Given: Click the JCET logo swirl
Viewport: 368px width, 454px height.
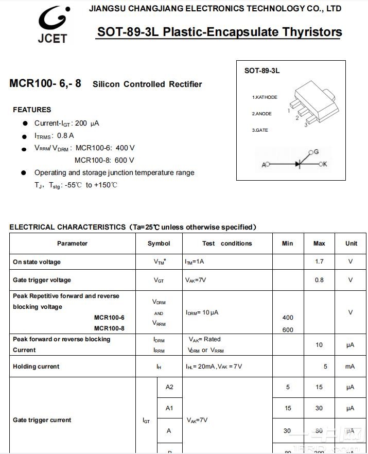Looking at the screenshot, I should pos(52,20).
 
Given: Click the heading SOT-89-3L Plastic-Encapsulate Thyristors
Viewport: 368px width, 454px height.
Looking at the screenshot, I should pos(219,32).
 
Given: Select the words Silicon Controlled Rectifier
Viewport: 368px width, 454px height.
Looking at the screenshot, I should pos(147,84).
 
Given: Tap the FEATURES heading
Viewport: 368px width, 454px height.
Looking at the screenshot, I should pos(32,110).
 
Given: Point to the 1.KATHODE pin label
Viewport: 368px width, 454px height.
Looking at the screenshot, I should pos(265,97).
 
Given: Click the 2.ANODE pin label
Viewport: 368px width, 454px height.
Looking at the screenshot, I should pos(262,114).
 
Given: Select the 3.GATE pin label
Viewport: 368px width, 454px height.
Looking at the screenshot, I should pos(260,130).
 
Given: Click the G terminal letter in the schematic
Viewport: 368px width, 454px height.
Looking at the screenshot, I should pos(316,152).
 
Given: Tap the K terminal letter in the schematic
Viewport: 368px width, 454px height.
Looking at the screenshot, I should pos(325,164).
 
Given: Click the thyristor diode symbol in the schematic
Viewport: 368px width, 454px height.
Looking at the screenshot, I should pos(298,164).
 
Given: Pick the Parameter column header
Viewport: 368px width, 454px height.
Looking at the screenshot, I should pos(72,243).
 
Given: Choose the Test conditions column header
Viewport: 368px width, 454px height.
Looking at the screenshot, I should pos(227,243).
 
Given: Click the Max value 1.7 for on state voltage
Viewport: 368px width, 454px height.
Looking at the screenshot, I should pos(319,261).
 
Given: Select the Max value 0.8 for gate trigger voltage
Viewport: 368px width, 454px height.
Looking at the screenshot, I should pos(319,280).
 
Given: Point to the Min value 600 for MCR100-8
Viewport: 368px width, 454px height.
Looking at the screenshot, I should pos(288,330).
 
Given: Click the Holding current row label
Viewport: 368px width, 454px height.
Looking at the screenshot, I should pos(36,366).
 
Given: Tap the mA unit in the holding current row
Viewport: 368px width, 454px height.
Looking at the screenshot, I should pos(350,366).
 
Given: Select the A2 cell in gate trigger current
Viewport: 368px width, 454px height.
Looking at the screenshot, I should pos(169,387).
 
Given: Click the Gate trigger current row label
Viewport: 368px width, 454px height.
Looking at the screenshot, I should pos(42,420).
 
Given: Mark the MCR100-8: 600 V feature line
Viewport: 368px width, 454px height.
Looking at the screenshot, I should pos(104,160).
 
